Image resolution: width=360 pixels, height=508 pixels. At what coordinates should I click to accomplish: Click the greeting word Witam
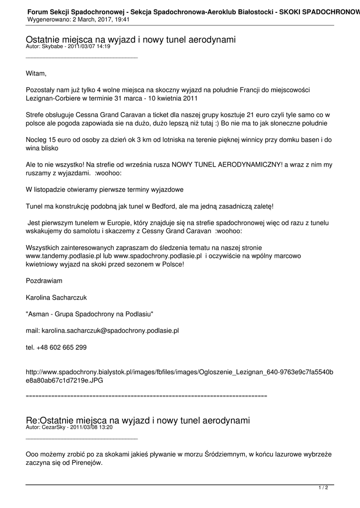36,74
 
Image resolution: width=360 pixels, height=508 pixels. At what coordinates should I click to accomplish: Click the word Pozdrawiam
44,281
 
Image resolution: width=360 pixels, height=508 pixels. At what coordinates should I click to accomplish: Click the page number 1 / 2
323,488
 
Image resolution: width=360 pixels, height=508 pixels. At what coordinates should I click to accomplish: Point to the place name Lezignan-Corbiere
54,98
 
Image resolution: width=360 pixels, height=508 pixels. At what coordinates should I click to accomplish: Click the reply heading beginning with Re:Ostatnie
138,420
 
